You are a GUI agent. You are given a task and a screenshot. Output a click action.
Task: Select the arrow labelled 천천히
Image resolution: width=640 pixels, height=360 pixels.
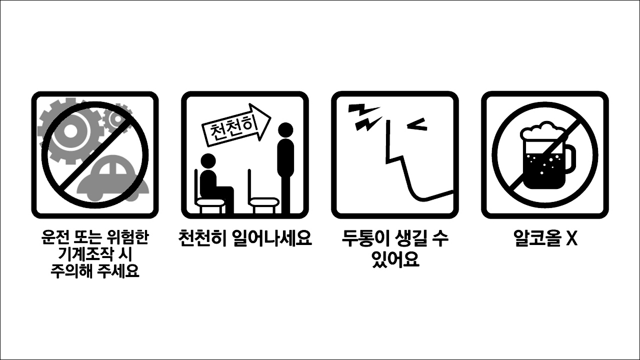235,125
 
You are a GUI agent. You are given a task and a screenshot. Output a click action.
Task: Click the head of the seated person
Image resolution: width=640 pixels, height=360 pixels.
207,161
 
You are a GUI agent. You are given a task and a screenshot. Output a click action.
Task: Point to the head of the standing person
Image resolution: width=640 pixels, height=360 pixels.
285,130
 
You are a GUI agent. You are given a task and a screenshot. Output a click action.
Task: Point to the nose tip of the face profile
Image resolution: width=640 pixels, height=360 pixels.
387,161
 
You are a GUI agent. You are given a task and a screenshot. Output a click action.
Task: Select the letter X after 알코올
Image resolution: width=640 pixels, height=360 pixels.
571,239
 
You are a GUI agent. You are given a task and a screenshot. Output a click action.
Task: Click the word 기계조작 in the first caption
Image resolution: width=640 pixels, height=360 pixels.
86,254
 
